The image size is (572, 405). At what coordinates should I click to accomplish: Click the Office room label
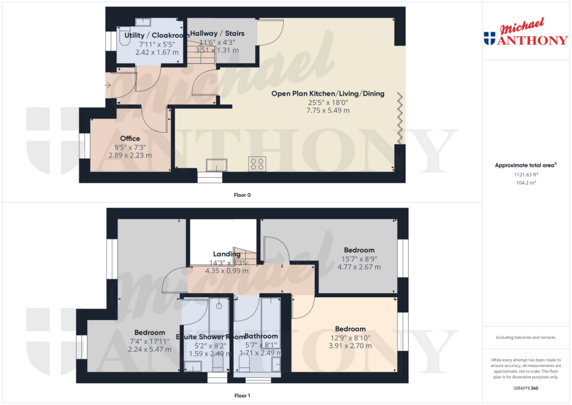tap(130, 139)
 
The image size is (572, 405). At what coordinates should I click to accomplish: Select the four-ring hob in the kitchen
tap(258, 164)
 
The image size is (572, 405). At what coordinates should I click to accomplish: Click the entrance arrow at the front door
tap(107, 85)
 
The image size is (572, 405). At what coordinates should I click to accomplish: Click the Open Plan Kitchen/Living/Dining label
tap(327, 94)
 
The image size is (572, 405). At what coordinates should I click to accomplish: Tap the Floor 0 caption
tap(242, 195)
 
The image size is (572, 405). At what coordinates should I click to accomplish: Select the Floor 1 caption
tap(242, 396)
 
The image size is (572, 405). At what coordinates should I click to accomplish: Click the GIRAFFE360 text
tap(525, 387)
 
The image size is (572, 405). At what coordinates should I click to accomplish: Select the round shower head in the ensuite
tap(220, 306)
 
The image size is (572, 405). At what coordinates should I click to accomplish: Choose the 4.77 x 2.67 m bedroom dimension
tap(359, 267)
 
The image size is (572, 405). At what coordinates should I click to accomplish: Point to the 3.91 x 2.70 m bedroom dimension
tap(350, 346)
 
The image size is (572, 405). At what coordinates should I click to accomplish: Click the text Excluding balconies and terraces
tap(525, 337)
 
